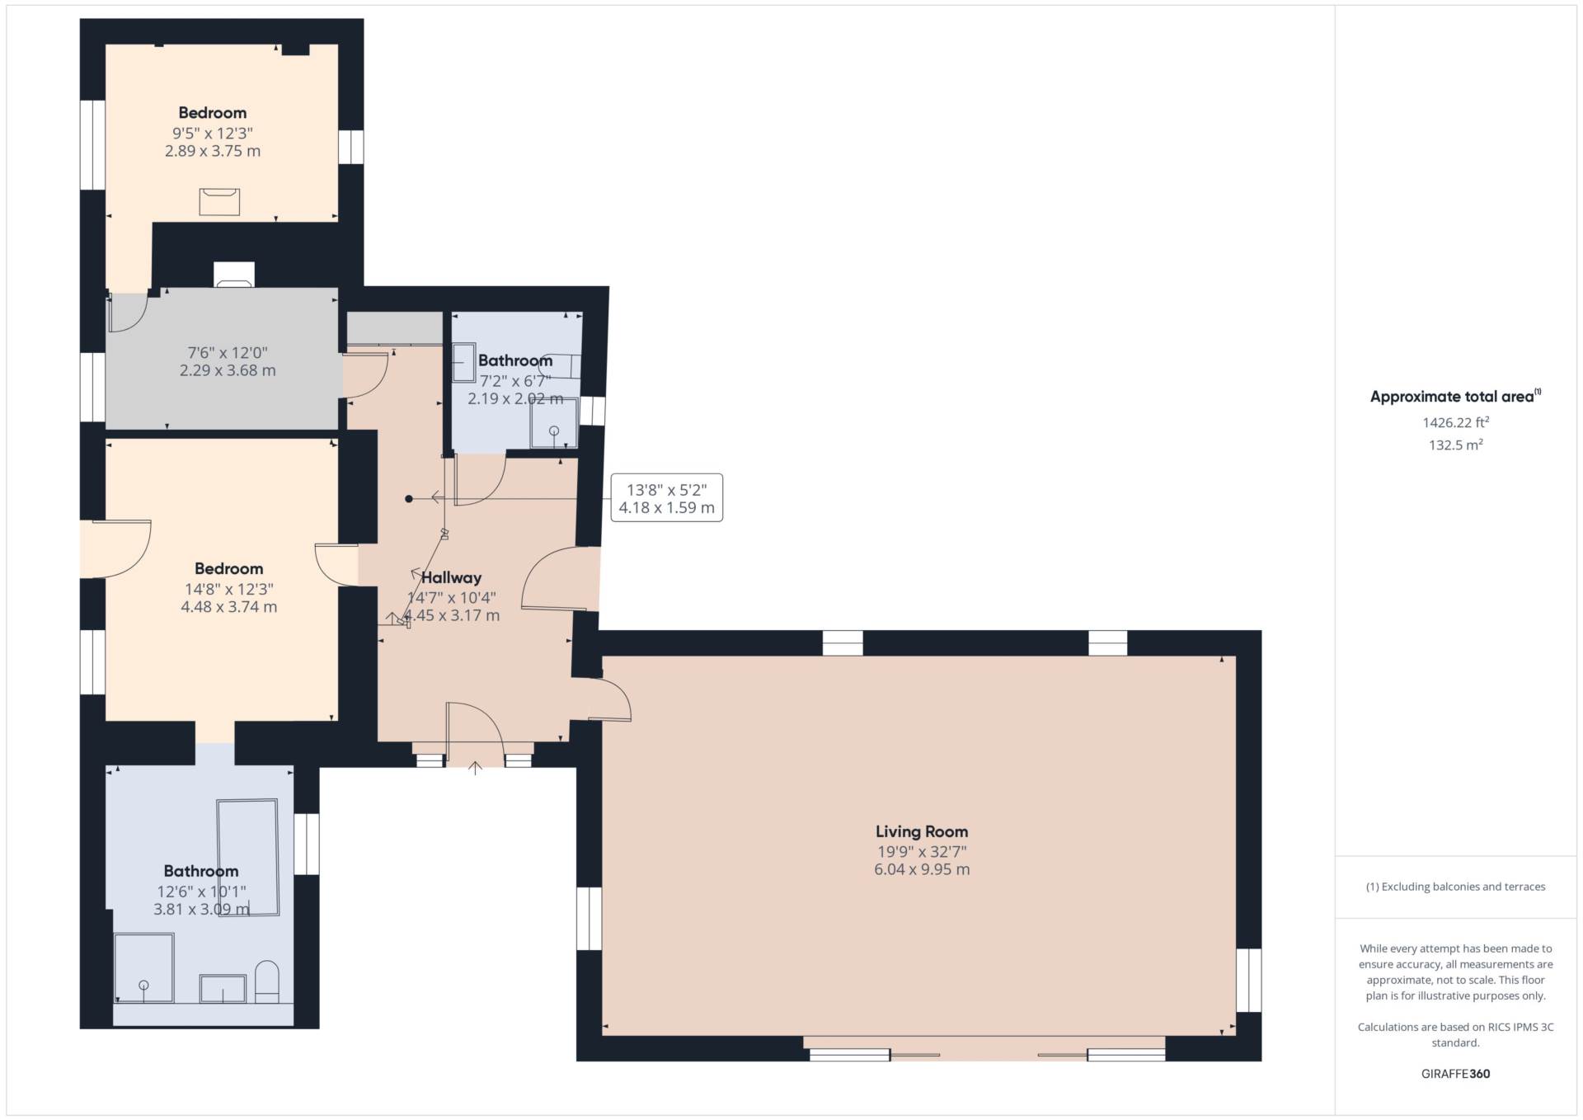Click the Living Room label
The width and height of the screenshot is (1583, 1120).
point(922,831)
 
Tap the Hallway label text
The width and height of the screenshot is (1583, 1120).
point(451,577)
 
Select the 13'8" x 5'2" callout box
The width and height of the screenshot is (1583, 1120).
point(666,497)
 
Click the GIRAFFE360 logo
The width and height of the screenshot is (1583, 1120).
point(1455,1074)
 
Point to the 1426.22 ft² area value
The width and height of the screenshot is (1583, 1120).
point(1455,422)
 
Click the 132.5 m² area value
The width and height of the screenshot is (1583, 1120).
point(1455,445)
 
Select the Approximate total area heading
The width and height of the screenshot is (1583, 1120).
point(1455,396)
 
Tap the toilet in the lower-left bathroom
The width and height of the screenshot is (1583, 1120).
point(267,981)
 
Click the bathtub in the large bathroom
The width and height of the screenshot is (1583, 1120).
point(247,857)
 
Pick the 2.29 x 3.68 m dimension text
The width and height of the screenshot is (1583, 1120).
point(228,370)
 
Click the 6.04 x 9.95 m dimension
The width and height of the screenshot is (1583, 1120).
point(922,869)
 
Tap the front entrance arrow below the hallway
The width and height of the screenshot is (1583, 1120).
point(475,768)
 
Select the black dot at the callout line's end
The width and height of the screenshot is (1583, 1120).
point(408,498)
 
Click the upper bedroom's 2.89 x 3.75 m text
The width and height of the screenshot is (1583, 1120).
point(213,151)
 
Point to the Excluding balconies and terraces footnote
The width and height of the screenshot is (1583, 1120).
point(1455,887)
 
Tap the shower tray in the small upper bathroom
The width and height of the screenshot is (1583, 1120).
point(554,423)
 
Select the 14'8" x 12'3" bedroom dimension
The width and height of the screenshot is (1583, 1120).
point(229,589)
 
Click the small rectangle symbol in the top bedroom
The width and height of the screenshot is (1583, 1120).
point(219,202)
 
